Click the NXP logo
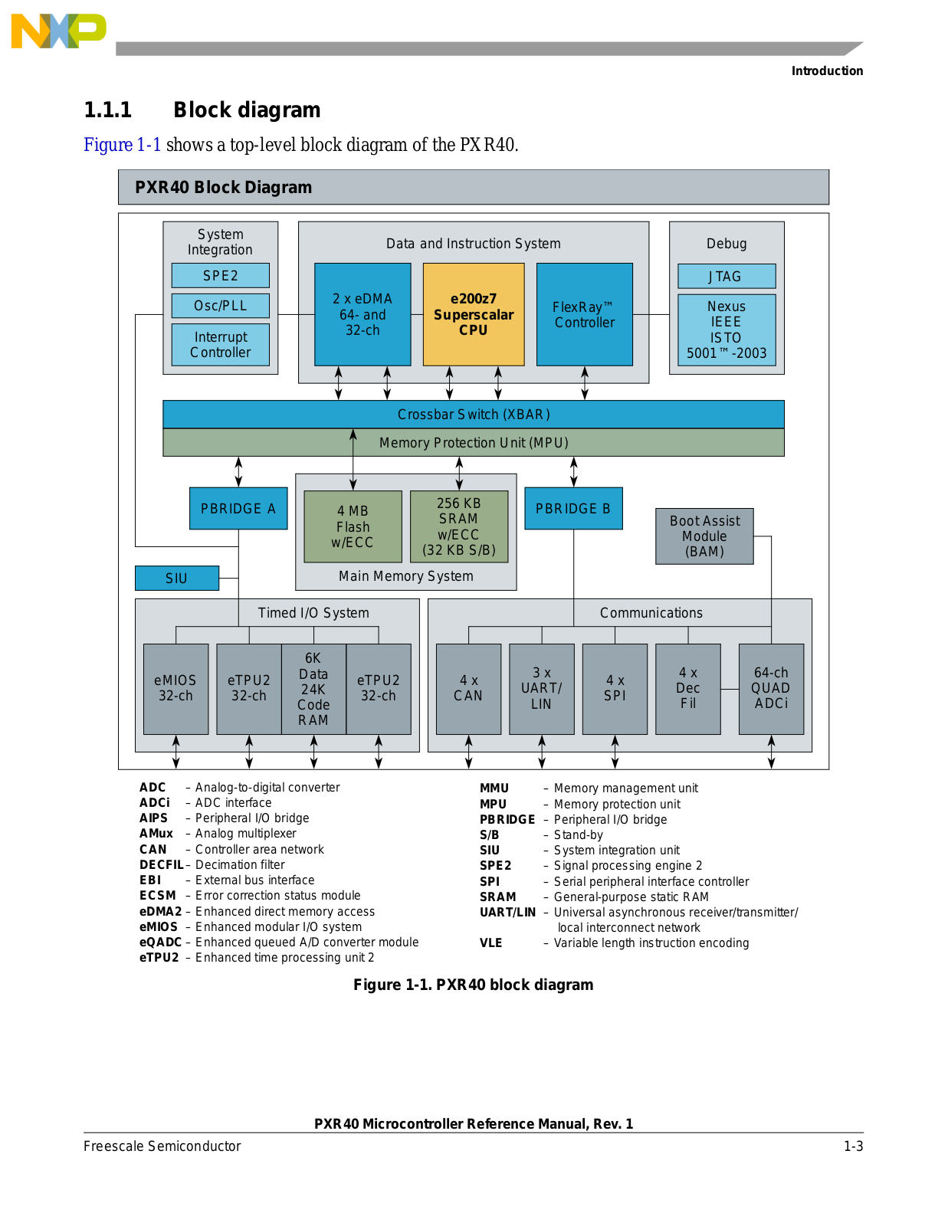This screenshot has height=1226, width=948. tap(58, 31)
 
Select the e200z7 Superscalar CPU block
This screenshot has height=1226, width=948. tap(474, 314)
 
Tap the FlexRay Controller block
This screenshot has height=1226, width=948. tap(584, 314)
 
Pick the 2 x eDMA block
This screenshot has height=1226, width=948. tap(362, 314)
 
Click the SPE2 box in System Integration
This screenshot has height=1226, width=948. tap(221, 275)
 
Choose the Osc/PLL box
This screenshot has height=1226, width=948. tap(221, 306)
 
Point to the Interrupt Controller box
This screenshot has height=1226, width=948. tap(221, 345)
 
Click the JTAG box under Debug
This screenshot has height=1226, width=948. tap(726, 276)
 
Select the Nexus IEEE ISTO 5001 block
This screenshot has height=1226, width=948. tap(726, 329)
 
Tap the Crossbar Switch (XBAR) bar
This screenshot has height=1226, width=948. tap(474, 415)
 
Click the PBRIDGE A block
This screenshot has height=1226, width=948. tap(238, 508)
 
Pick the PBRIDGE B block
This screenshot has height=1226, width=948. tap(573, 508)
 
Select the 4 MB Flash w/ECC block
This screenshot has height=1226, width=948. tap(353, 526)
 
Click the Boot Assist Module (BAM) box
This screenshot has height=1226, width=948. tap(704, 536)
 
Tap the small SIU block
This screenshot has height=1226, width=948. tap(177, 578)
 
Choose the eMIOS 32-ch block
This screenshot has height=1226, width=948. tap(175, 688)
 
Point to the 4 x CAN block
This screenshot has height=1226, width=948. tap(468, 688)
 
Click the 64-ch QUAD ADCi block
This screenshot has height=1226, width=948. tap(771, 688)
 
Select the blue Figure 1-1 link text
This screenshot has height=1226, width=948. tap(123, 145)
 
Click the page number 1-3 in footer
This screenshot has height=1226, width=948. tap(853, 1146)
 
